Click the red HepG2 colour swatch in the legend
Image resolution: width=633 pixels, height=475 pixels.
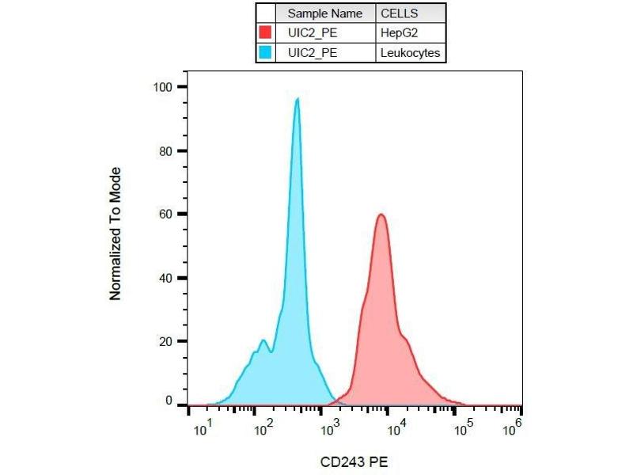tap(266, 33)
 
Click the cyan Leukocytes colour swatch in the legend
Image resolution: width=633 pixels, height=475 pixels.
tap(266, 53)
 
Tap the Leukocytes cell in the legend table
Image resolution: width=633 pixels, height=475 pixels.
tap(410, 53)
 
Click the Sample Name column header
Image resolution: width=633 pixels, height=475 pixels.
tap(324, 13)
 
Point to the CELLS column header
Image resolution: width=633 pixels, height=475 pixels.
tap(400, 13)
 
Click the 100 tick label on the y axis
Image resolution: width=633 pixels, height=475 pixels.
tap(164, 86)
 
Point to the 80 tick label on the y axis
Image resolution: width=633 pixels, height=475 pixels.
tap(167, 150)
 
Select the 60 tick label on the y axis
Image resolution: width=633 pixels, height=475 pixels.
tap(167, 214)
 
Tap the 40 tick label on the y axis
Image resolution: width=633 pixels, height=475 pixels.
tap(167, 278)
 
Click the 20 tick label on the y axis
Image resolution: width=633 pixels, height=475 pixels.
tap(167, 341)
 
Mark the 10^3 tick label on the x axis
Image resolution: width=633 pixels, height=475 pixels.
tap(330, 429)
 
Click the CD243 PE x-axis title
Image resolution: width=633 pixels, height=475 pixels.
tap(354, 461)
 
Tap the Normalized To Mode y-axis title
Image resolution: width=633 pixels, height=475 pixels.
tap(116, 234)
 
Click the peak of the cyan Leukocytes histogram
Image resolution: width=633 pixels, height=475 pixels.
tap(297, 99)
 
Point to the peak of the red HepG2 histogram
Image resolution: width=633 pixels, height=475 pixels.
tap(381, 215)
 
